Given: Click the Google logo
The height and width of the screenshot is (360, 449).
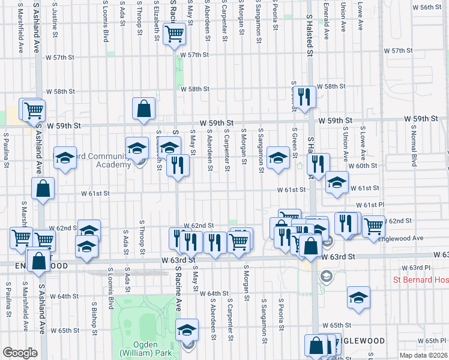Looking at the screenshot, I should [x=20, y=353].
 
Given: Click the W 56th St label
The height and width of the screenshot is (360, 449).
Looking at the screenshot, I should [x=430, y=7].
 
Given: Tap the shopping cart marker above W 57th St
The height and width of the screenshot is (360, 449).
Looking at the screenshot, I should [x=174, y=34].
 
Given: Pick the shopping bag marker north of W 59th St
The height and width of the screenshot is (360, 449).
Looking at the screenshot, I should [x=144, y=109].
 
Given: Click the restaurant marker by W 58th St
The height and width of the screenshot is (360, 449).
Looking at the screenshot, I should [x=304, y=97].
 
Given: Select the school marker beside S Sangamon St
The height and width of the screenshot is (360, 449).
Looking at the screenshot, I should [x=277, y=158].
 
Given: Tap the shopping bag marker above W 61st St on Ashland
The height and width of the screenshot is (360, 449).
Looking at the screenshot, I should [x=43, y=188].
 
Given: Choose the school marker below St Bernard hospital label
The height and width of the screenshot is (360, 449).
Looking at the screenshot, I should [x=358, y=297].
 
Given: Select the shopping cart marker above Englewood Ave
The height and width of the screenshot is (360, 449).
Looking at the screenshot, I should [x=373, y=226].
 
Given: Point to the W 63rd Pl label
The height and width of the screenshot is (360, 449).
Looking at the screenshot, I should [x=412, y=267].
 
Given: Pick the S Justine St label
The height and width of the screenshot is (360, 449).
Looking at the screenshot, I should [x=55, y=18].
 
